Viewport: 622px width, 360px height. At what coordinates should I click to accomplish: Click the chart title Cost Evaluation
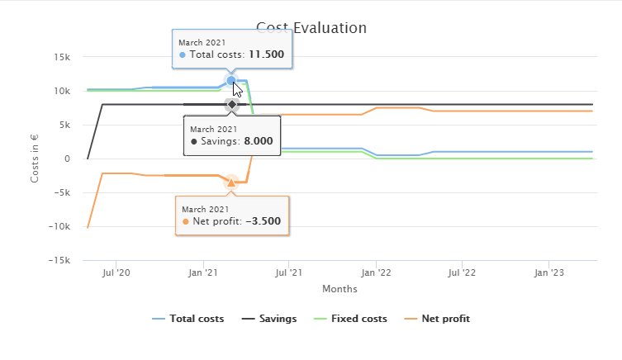311,27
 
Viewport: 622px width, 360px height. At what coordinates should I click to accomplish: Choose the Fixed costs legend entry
357,319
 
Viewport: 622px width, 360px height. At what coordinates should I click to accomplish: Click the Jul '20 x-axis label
116,272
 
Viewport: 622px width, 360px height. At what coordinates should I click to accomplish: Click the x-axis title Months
339,289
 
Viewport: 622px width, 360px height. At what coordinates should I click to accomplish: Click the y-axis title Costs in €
35,159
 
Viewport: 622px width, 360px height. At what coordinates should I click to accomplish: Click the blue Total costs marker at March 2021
231,81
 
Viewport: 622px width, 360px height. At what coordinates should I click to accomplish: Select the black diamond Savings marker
231,105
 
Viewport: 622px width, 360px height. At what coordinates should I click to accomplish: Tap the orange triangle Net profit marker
231,182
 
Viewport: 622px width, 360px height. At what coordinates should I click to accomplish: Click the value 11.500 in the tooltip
266,54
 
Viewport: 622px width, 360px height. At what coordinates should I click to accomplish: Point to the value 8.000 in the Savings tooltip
258,142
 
